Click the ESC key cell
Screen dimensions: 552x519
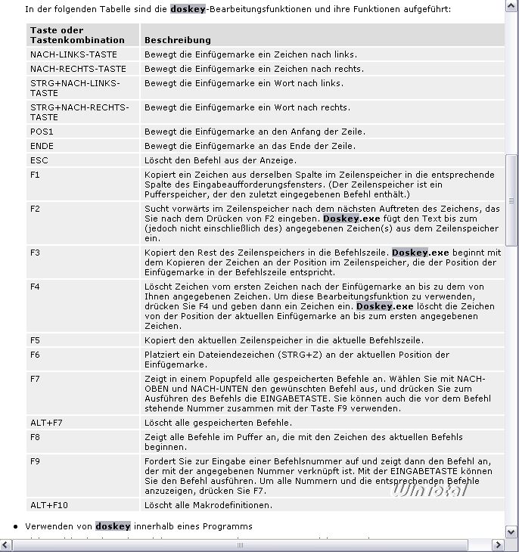[39, 160]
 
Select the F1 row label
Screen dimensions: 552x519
[35, 175]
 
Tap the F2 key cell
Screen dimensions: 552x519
[35, 209]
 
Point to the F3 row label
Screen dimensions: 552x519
[35, 253]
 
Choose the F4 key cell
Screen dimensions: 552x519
[35, 287]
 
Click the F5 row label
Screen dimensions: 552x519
[35, 340]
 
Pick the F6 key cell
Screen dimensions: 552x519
[35, 355]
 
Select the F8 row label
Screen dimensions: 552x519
[35, 437]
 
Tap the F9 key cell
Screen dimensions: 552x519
[35, 461]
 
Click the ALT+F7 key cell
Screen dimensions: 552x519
[46, 423]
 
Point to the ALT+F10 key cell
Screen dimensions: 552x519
[49, 505]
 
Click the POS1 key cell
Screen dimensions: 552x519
[42, 132]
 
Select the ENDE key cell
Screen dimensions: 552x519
[42, 146]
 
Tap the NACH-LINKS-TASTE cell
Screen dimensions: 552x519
[73, 54]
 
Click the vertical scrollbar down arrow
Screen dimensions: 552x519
[512, 531]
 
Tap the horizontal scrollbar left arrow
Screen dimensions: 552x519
[6, 544]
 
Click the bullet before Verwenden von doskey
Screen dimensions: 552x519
[16, 526]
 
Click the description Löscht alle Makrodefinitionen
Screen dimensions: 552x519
[208, 505]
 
